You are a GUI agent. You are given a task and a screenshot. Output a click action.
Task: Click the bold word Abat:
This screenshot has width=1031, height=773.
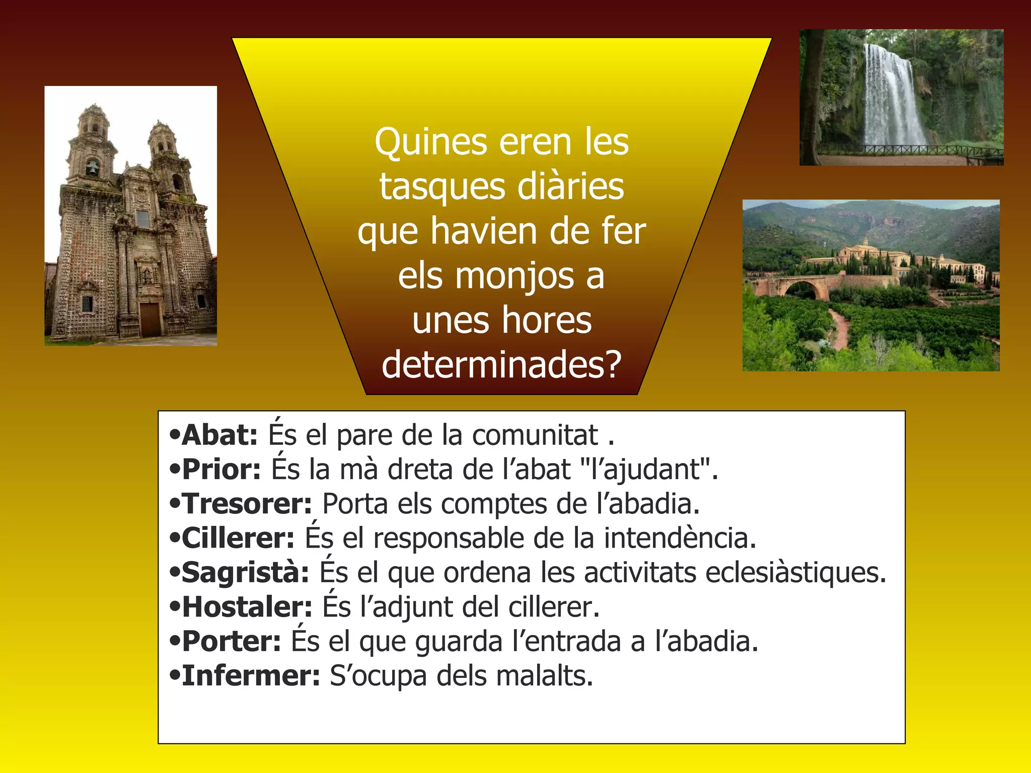219,435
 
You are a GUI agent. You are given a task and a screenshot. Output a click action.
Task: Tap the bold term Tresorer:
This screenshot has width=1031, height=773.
247,504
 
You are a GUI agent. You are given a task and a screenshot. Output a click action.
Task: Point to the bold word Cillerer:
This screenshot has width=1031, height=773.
238,538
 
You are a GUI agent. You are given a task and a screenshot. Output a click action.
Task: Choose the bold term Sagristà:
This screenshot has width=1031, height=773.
245,573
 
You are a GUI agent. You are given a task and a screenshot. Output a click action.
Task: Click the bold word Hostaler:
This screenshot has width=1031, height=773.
247,607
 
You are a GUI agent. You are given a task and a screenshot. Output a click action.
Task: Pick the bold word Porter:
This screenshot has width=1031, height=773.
231,642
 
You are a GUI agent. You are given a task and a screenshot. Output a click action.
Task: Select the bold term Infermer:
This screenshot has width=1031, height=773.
251,676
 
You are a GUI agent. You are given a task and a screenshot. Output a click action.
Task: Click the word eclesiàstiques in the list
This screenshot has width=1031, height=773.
795,573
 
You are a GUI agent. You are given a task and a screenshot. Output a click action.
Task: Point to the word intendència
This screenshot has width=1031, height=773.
680,538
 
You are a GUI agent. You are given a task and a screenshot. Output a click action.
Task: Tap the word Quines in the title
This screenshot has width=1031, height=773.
430,142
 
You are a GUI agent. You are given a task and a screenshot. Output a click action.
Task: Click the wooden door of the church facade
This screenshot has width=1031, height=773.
150,319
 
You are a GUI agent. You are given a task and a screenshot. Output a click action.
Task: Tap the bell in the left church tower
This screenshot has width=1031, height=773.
92,168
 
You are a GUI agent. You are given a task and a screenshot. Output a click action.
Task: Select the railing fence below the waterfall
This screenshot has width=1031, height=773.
906,149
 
